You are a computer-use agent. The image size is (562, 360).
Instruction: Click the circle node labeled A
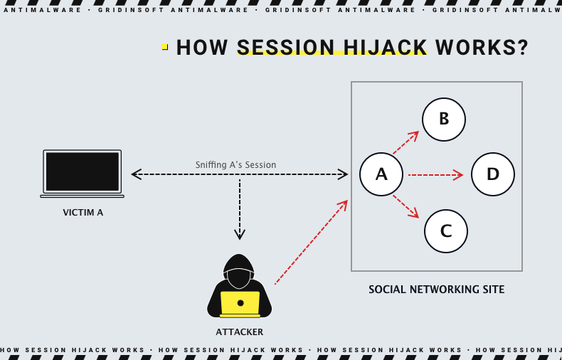381,174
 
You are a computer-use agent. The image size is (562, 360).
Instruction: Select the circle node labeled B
444,120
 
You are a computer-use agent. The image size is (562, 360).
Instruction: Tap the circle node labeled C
446,231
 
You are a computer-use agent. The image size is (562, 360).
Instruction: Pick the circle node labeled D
493,174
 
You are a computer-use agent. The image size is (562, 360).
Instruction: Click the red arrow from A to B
405,143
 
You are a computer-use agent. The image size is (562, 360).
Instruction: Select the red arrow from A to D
435,174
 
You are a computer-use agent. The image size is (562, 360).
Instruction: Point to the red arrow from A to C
405,206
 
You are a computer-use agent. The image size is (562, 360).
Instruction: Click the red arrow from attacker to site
311,243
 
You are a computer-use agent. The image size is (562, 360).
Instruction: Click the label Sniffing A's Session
235,165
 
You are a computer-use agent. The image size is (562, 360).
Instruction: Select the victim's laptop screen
83,171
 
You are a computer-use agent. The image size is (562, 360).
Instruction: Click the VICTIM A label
83,212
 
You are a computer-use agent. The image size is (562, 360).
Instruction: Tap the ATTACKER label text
240,332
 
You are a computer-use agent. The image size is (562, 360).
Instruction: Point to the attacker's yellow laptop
240,303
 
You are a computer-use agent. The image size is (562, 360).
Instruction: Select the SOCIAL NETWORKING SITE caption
436,290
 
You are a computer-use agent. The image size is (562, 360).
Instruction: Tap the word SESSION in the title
285,48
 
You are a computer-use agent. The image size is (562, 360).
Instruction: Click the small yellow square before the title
165,47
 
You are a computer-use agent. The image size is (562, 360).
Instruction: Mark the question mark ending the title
523,48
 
